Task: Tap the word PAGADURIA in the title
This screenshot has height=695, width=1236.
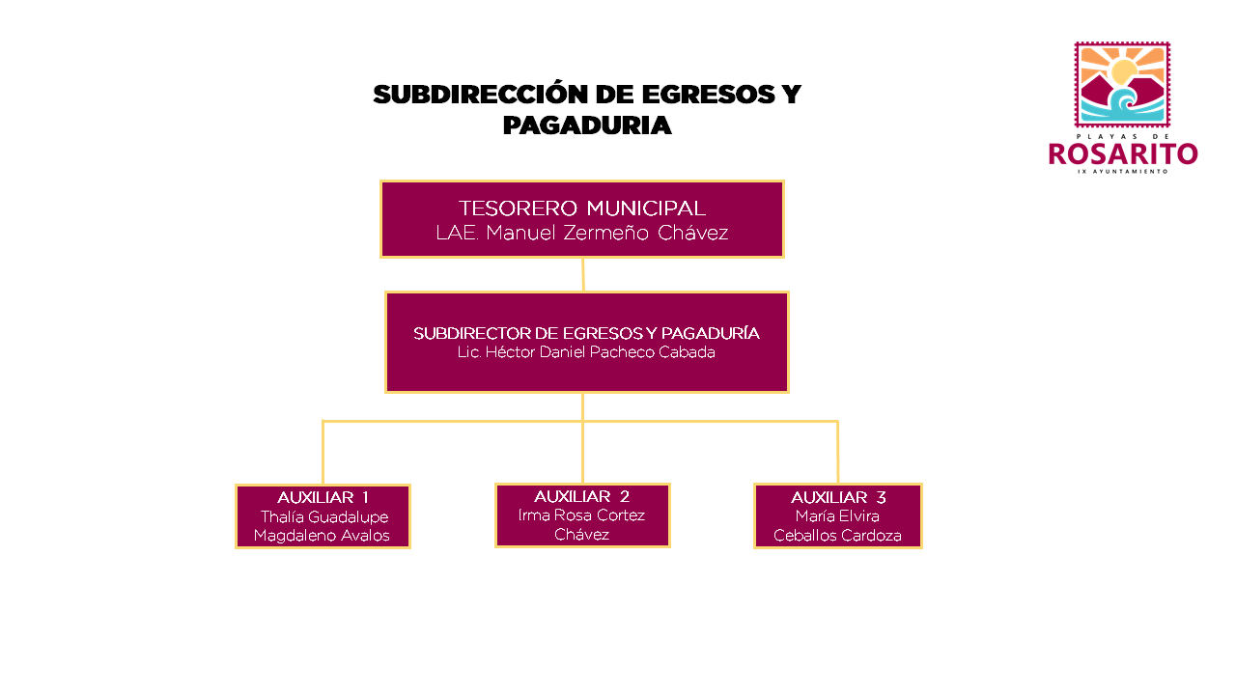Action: tap(587, 125)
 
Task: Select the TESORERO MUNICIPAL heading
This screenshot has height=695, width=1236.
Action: tap(582, 208)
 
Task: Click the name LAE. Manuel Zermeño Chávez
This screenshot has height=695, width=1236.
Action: tap(582, 233)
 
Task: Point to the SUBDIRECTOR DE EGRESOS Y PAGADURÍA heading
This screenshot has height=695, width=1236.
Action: tap(586, 333)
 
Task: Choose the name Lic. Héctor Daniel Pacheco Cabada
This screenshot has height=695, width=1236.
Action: tap(586, 352)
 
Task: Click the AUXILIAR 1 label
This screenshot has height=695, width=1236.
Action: tap(323, 497)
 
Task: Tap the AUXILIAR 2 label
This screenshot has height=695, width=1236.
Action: tap(581, 496)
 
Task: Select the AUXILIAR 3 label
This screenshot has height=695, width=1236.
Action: tap(838, 497)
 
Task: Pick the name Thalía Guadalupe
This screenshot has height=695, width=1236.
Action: tap(324, 517)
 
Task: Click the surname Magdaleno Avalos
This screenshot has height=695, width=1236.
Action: tap(322, 536)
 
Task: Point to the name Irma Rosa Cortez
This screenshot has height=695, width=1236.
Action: tap(581, 515)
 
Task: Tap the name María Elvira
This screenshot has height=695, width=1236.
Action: tap(837, 516)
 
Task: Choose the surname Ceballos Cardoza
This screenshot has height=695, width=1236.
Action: tap(837, 536)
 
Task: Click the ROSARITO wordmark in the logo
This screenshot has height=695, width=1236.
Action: tap(1123, 153)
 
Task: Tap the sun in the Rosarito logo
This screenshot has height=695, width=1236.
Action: tap(1124, 71)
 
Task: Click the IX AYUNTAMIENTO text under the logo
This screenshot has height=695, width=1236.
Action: tap(1123, 172)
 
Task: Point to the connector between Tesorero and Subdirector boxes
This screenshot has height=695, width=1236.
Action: tap(583, 275)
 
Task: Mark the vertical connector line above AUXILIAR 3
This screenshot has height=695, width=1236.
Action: tap(837, 453)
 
